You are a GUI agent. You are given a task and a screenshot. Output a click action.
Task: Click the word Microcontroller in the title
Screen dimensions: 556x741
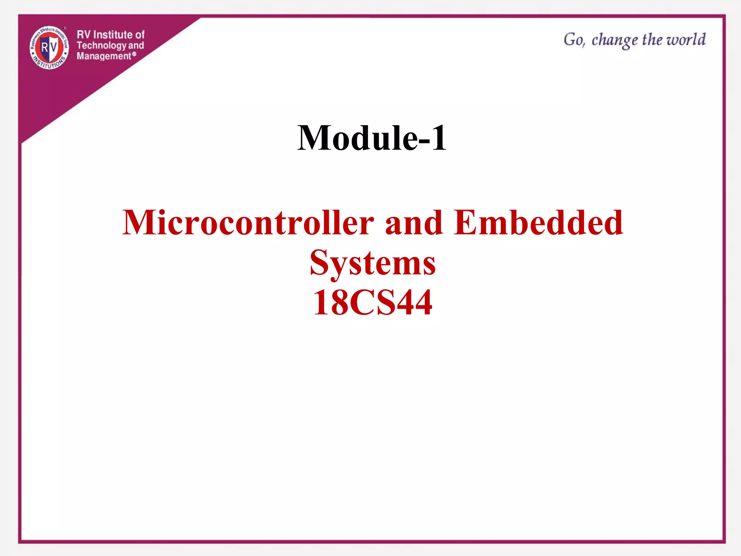(x=248, y=222)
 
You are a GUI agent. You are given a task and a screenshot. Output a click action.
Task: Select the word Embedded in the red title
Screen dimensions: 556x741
(x=538, y=222)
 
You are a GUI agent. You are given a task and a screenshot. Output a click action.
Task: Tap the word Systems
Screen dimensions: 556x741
(x=373, y=263)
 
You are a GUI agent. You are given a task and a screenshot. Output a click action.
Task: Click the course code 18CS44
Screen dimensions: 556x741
(x=373, y=303)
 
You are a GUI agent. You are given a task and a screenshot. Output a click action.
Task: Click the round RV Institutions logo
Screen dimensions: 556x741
(x=49, y=48)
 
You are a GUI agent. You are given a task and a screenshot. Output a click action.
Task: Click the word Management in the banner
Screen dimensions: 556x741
(x=103, y=56)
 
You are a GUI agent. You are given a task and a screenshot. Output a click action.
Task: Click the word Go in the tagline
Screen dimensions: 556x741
(x=574, y=39)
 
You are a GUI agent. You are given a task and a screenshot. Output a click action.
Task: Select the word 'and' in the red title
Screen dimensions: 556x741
(x=413, y=222)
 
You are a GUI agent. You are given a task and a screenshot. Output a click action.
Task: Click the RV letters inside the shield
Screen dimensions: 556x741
(x=49, y=47)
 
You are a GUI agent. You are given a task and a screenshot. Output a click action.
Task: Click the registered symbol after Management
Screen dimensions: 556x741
(x=134, y=54)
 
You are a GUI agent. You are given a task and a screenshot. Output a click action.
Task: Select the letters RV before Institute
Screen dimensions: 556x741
(x=84, y=35)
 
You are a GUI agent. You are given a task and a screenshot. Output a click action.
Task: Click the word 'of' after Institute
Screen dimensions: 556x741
(x=140, y=35)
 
